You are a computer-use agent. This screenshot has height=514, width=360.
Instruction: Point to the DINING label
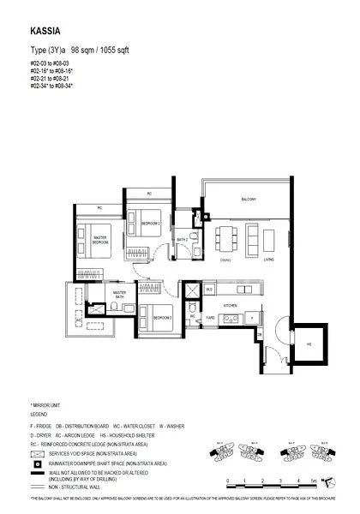pos(225,260)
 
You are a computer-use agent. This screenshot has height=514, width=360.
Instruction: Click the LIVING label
pos(268,260)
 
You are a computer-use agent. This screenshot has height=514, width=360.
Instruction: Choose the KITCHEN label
pos(230,305)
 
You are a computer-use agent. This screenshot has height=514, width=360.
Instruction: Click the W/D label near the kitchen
pos(209,290)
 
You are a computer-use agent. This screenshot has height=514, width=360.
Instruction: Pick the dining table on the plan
pos(225,236)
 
